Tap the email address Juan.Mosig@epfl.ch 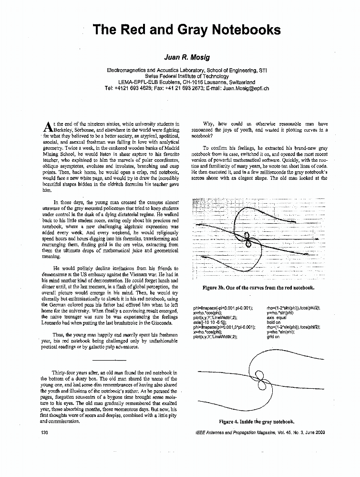click(x=244, y=88)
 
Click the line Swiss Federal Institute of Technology click(x=186, y=76)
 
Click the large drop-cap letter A click(x=47, y=126)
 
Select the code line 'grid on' click(x=274, y=337)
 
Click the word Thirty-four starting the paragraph click(x=66, y=372)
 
